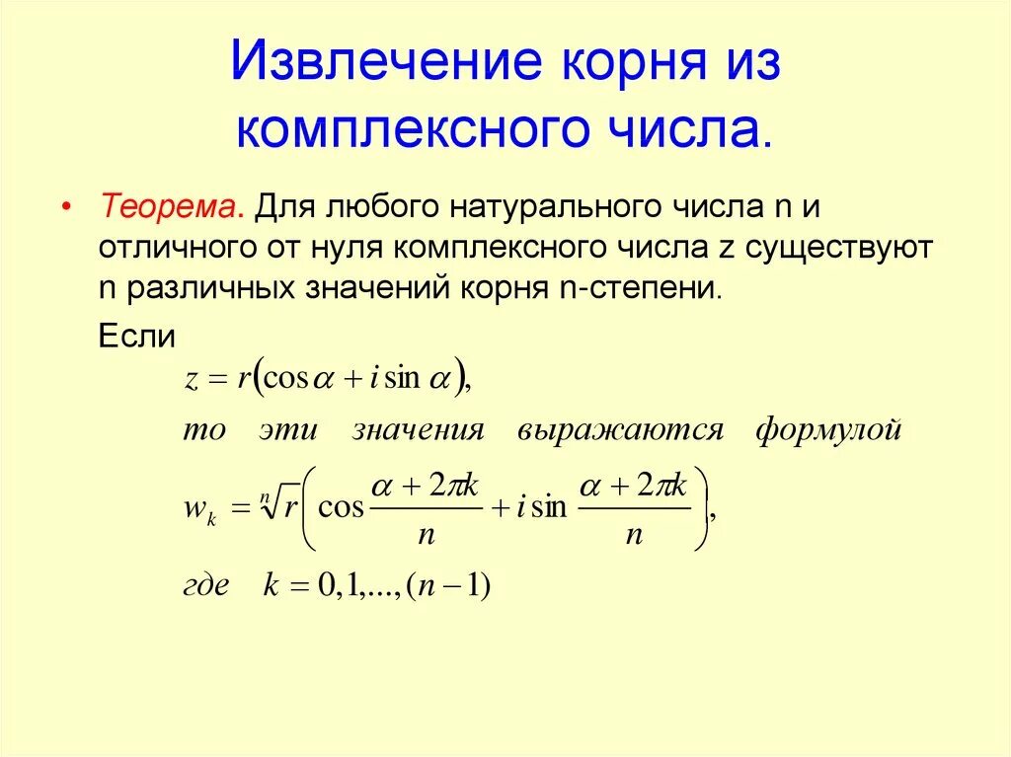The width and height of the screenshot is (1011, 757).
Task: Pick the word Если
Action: point(137,336)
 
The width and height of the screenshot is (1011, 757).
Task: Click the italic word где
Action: point(206,585)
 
